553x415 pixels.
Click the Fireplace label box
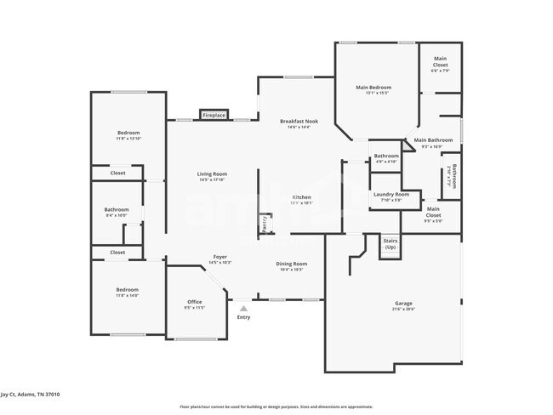(x=214, y=114)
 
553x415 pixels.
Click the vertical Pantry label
(x=265, y=223)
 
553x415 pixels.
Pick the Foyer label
(x=219, y=257)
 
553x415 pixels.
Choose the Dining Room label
(x=291, y=264)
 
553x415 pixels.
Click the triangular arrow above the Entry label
(x=244, y=308)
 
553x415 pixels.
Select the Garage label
(x=403, y=304)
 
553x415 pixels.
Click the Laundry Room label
(x=391, y=195)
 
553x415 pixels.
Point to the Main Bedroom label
(x=373, y=88)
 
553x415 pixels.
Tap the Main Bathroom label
(x=433, y=140)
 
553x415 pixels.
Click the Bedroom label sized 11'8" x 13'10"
(x=128, y=134)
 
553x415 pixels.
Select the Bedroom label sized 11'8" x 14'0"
(x=127, y=292)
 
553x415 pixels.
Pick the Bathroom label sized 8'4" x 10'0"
(x=117, y=210)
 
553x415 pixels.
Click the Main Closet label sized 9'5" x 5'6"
(x=433, y=211)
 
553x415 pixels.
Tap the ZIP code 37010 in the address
(x=52, y=395)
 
